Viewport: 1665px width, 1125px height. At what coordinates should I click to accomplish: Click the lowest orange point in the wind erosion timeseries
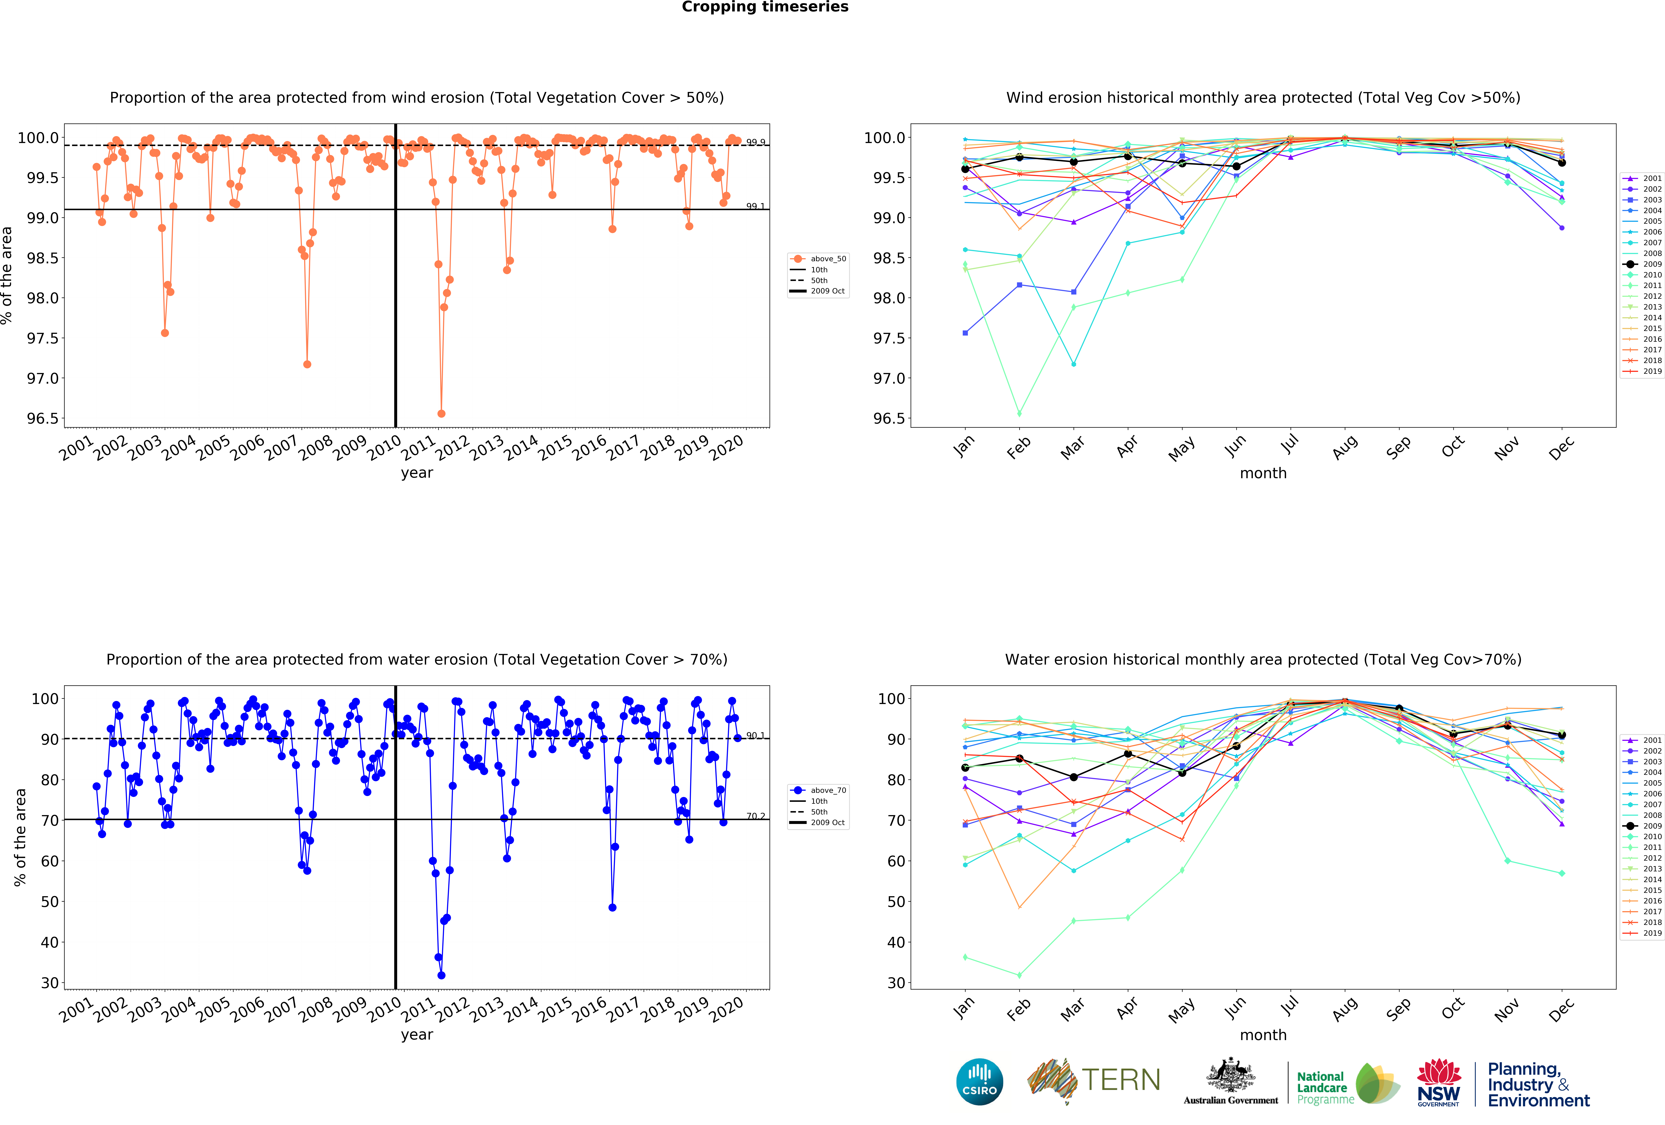pos(441,413)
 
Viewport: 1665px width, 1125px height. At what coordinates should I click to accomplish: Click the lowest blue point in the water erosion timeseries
pos(441,975)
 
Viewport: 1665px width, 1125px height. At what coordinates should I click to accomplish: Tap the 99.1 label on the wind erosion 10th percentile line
pos(755,206)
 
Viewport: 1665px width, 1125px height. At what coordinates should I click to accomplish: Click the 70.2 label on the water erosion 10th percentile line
pos(755,816)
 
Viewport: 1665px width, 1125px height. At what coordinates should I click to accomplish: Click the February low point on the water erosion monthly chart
pos(1019,975)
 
